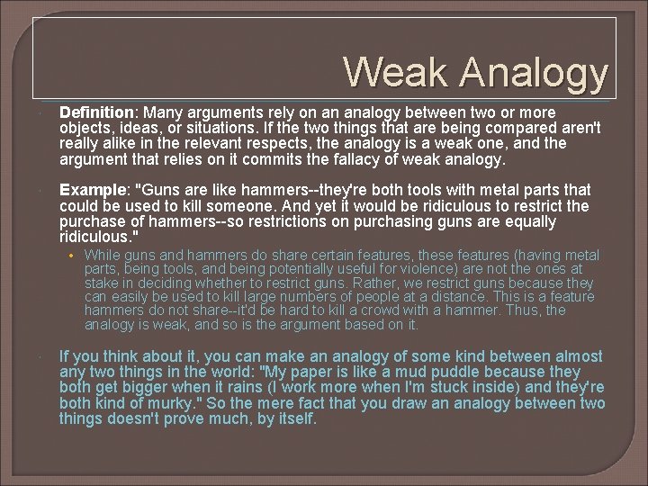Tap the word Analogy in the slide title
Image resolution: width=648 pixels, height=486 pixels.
[x=535, y=74]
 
